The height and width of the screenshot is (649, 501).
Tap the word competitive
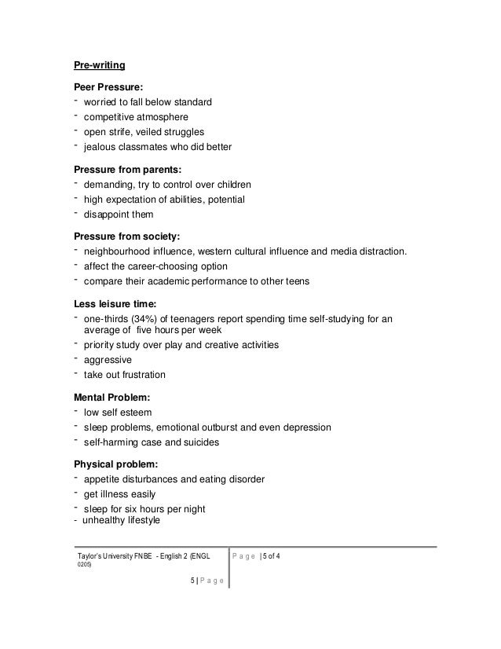[113, 117]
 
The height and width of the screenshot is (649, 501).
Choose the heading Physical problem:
[118, 464]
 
